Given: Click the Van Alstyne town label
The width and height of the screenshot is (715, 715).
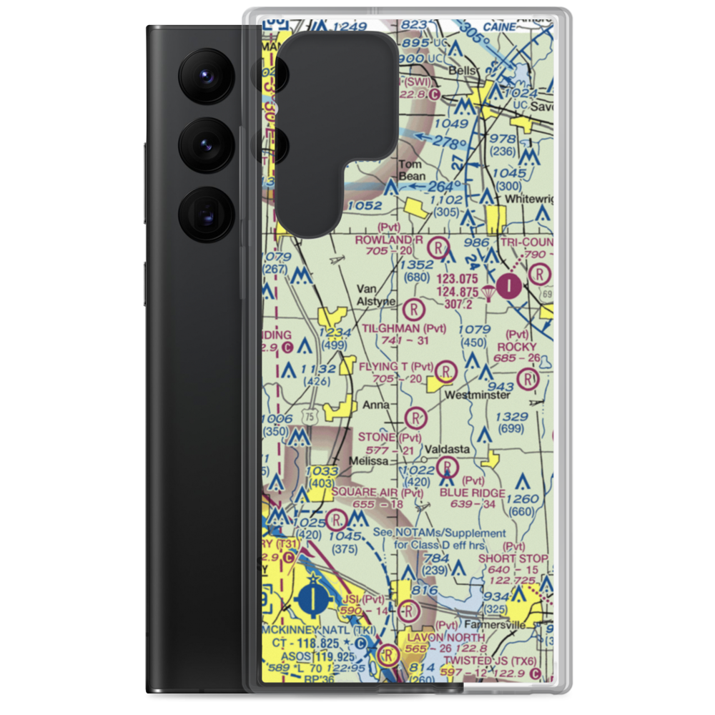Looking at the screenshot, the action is tap(375, 295).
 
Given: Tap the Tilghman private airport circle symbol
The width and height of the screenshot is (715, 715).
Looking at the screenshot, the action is tap(413, 310).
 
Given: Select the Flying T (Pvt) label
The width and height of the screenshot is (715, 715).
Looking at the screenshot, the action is tap(396, 367).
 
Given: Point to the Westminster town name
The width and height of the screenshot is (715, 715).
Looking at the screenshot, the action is tap(477, 395).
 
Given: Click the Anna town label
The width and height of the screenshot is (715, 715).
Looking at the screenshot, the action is tap(376, 405).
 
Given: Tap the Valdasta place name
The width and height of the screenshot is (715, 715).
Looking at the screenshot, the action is tap(447, 449).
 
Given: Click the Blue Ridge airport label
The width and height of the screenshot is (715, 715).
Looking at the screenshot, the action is tap(472, 493).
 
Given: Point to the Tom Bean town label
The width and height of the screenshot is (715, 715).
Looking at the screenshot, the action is tap(411, 169).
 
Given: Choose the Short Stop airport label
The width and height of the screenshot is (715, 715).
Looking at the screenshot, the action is tap(513, 558).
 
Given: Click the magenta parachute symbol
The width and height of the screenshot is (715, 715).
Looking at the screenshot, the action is tap(488, 292).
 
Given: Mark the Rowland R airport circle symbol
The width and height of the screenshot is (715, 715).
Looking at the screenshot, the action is tap(438, 250).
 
